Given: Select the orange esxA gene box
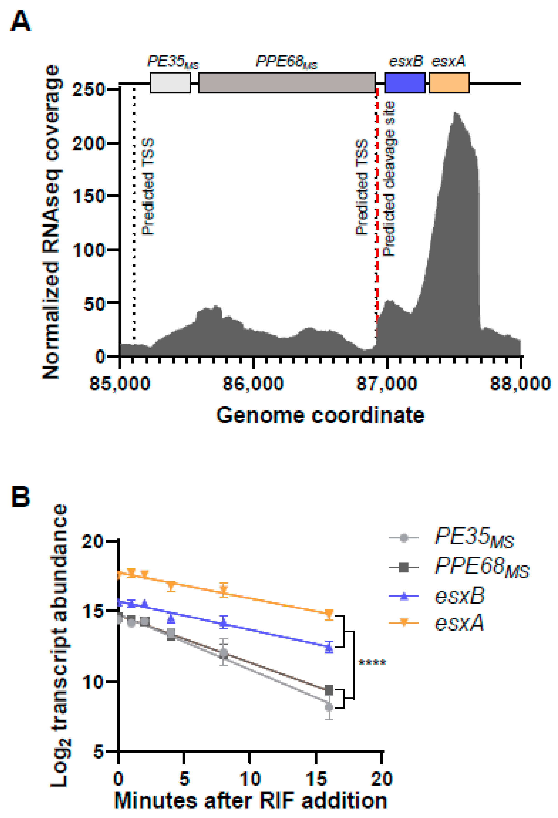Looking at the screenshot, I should point(449,83).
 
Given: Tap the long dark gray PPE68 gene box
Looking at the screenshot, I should point(287,83).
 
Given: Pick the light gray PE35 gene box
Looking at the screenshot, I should point(170,83).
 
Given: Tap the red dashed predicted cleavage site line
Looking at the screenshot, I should point(377,211).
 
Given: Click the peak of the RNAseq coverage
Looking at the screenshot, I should point(455,113).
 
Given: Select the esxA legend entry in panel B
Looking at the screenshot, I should point(437,623).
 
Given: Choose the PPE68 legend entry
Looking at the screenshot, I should point(458,567).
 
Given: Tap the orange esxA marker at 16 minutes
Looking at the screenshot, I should point(329,614).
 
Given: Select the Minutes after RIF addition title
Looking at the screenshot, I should point(250,800).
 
